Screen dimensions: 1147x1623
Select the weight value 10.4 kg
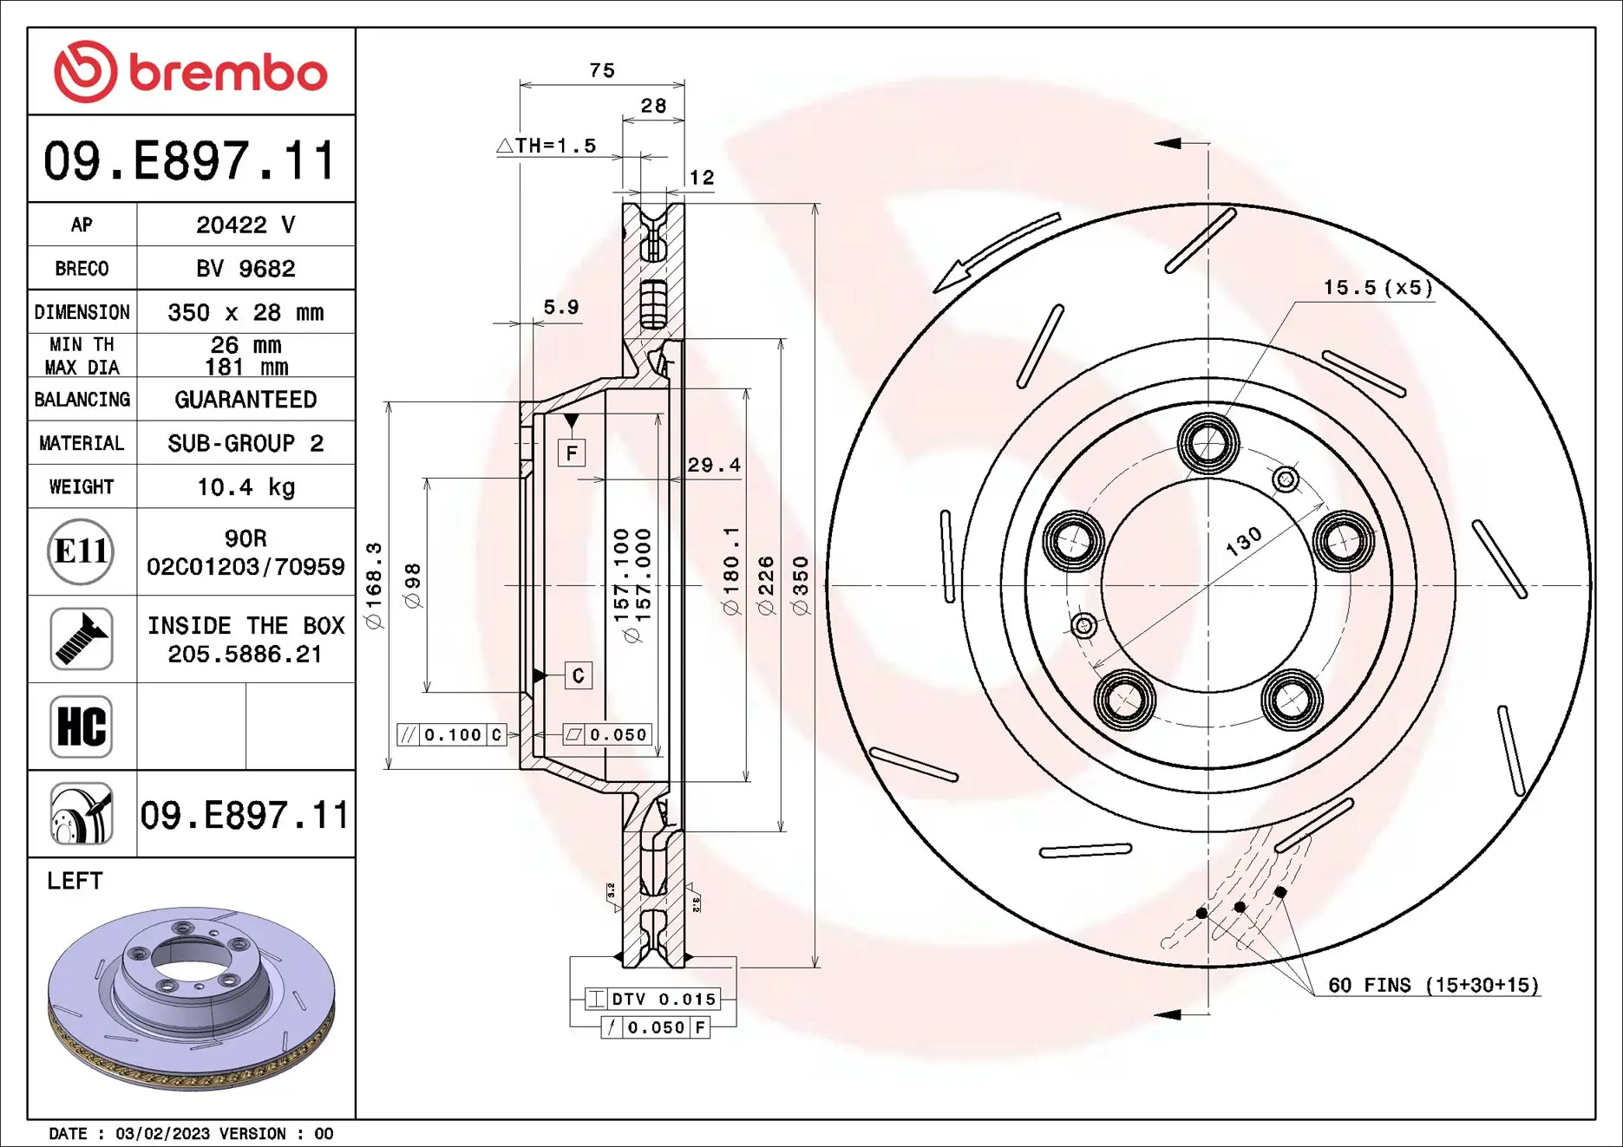tap(245, 487)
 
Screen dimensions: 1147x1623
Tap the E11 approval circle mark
tap(81, 551)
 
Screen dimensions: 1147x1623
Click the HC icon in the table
tap(81, 727)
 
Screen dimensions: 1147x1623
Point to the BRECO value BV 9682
tap(245, 269)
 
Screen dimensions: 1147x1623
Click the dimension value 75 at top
tap(602, 71)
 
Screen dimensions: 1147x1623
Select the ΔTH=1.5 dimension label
tap(547, 146)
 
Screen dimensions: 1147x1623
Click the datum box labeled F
tap(572, 453)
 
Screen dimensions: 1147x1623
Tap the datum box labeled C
tap(578, 675)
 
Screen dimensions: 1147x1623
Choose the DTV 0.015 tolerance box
tap(653, 999)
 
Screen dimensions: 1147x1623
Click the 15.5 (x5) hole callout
tap(1378, 288)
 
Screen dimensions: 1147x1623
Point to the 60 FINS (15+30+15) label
tap(1433, 985)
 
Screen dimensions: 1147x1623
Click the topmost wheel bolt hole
tap(1207, 443)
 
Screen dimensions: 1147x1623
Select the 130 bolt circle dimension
tap(1243, 541)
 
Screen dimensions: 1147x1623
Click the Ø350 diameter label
tap(800, 586)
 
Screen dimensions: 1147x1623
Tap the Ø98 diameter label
tap(413, 586)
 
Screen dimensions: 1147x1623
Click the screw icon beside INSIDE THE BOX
tap(81, 639)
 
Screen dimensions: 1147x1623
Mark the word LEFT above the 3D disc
tap(75, 881)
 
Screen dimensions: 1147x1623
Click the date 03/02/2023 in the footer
tap(162, 1133)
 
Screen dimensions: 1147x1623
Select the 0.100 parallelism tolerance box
tap(452, 735)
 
